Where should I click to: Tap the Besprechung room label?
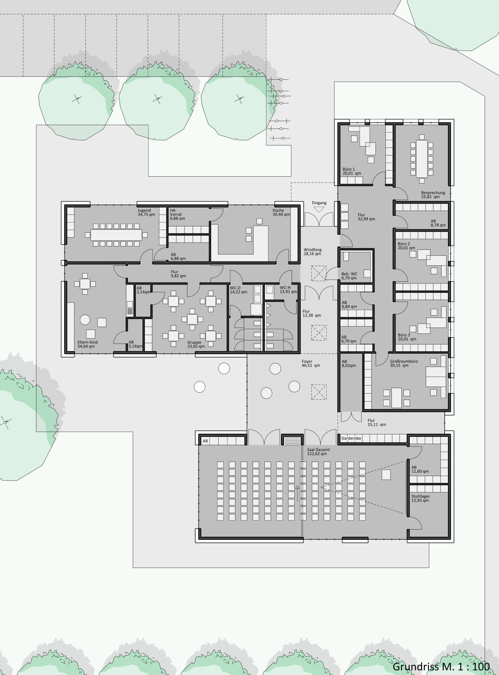(x=433, y=192)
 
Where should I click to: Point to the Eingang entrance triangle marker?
(x=319, y=209)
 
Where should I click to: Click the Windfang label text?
(x=312, y=249)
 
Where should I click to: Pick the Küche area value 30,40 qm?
(x=281, y=214)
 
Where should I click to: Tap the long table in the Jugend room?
(x=116, y=235)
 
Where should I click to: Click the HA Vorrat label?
(x=175, y=212)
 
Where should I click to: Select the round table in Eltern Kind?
(x=85, y=320)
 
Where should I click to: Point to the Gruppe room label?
(x=194, y=342)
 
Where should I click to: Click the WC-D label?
(x=235, y=287)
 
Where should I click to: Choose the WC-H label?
(x=285, y=287)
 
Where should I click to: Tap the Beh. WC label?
(x=349, y=274)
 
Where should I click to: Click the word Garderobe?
(x=351, y=439)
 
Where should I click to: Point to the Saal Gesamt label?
(x=318, y=450)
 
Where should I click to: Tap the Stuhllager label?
(x=420, y=496)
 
